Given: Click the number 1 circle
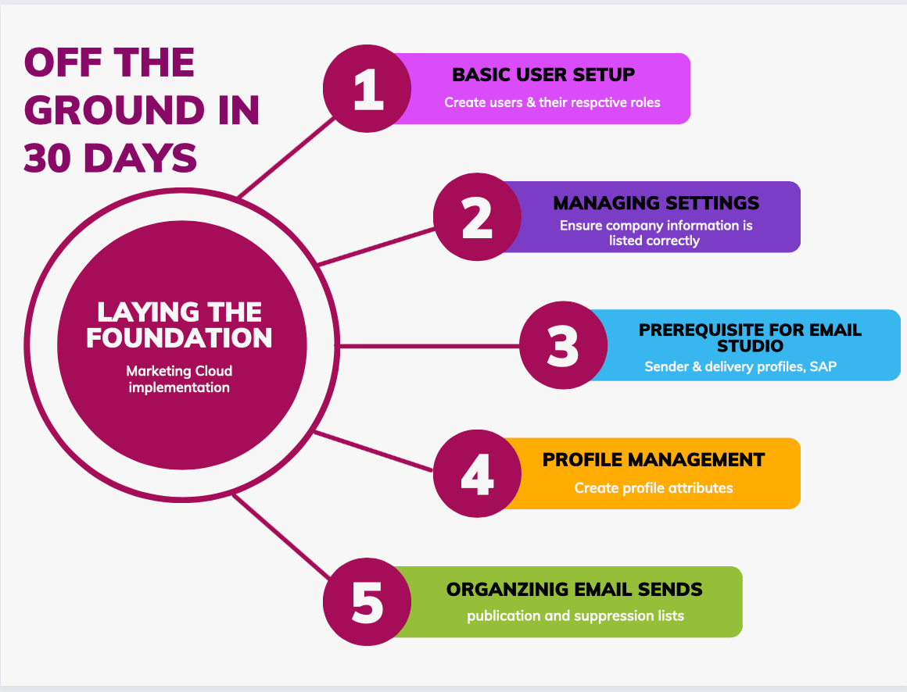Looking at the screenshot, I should point(367,88).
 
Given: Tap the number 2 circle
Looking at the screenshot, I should point(477,216).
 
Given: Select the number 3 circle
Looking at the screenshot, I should point(564,345).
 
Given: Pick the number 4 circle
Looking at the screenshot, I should point(477,473).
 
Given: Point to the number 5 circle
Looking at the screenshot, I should point(367,601).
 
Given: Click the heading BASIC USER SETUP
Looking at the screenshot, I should point(543,75).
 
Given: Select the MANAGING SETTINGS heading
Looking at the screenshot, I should point(656,203).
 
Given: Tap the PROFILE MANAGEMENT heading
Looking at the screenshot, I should point(654,460).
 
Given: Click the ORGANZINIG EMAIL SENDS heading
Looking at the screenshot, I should point(575,589).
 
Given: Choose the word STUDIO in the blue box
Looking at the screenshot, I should point(750,345).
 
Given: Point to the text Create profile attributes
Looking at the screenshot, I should point(654,488).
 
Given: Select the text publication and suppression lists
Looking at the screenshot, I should point(575,616).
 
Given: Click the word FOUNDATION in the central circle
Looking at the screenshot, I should point(179,338).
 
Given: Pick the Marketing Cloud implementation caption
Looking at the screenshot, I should point(179,379).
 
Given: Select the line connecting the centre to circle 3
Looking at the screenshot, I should point(430,345).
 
